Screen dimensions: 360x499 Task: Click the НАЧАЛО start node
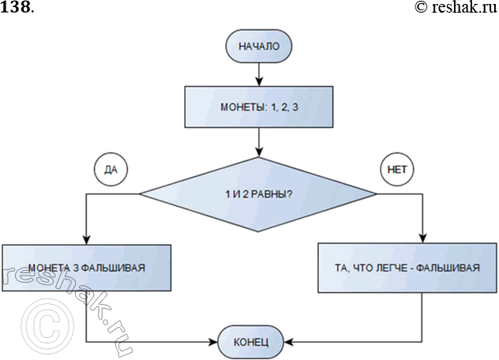click(259, 46)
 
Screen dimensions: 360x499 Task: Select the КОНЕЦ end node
click(252, 343)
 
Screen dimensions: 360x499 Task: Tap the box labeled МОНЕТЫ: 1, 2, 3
click(259, 107)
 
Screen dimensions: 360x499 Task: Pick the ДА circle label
click(111, 168)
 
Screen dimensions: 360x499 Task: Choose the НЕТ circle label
click(396, 168)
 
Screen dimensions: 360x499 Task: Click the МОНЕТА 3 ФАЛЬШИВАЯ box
click(85, 268)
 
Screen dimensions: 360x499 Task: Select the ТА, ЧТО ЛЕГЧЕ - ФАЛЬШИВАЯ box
click(407, 268)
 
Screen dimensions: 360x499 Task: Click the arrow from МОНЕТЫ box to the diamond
click(259, 142)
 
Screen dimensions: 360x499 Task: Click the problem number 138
click(16, 8)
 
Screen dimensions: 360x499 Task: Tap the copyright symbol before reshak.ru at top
click(420, 8)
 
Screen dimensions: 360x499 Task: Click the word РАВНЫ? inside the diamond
click(275, 194)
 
